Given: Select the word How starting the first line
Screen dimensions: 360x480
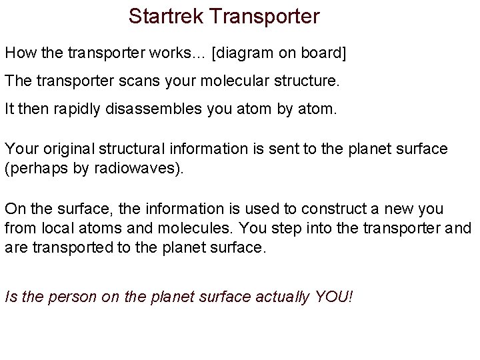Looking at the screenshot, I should [x=18, y=52].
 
